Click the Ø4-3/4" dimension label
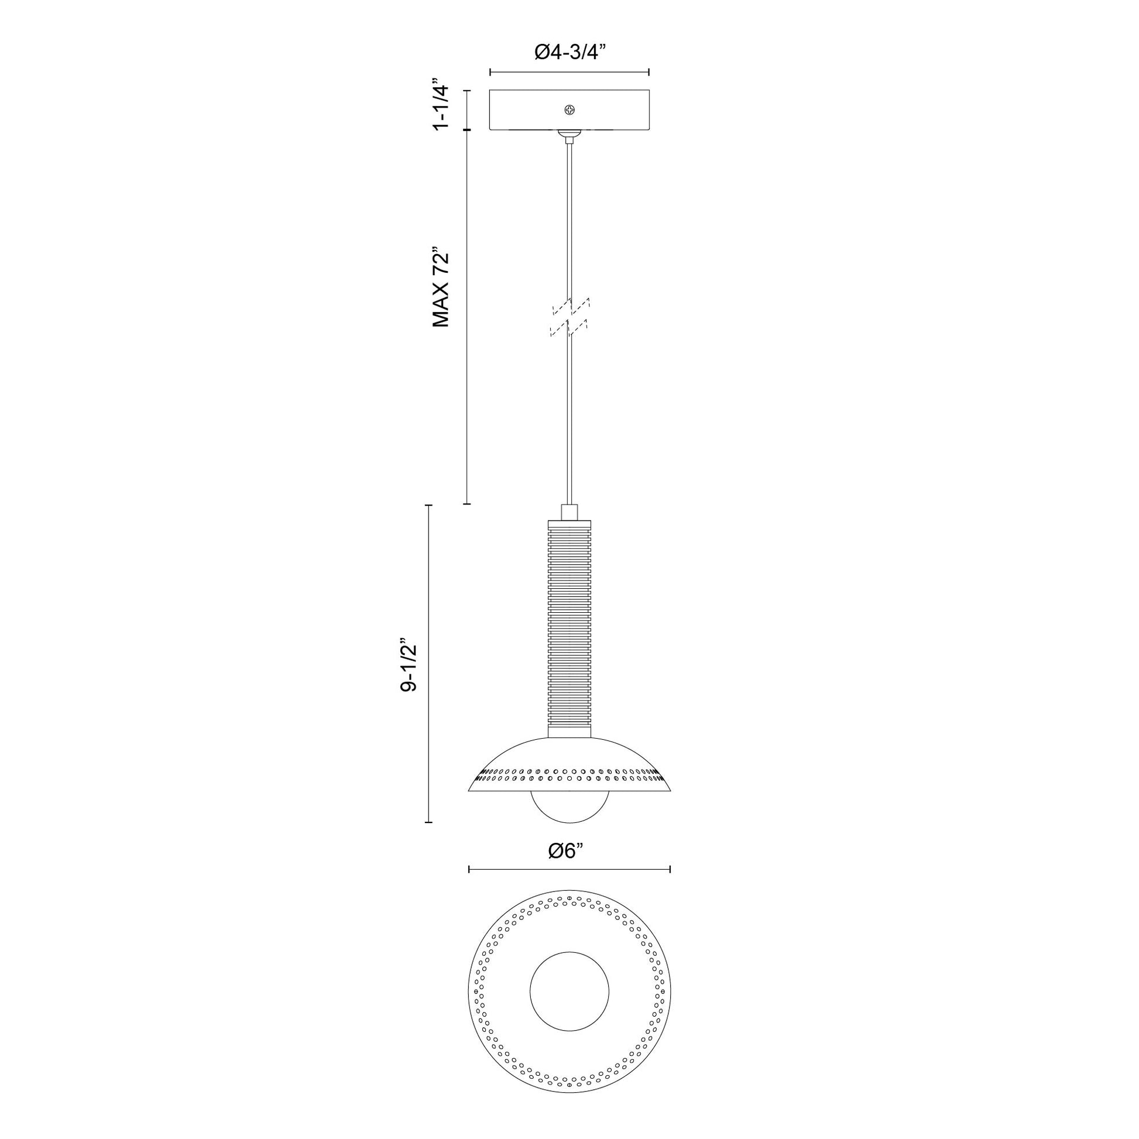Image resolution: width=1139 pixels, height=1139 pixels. coord(570,53)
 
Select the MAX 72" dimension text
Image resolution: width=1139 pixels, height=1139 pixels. coord(441,287)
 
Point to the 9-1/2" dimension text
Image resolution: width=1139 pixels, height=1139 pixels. coord(409,664)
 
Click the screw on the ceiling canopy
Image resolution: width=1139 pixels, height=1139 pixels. coord(569,109)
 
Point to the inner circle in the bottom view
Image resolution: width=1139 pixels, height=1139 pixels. coord(569,991)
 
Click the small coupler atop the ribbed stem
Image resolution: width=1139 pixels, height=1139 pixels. coord(569,512)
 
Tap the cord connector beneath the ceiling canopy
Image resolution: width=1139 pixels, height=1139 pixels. coord(569,136)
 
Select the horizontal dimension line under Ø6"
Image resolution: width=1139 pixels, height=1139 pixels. coord(569,869)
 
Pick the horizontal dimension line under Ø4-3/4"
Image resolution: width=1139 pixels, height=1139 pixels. coord(569,73)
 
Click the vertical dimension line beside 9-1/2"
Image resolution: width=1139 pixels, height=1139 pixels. coord(428,663)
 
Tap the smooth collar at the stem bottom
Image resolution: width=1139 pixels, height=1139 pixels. coord(569,731)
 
